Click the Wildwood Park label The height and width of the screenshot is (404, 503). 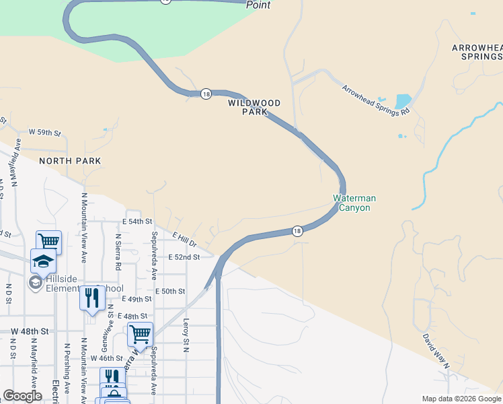254,108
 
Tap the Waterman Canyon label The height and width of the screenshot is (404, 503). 354,203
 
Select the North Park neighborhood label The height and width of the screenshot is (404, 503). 70,161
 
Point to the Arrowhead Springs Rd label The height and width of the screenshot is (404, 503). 376,100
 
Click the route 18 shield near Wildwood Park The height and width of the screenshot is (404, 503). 206,94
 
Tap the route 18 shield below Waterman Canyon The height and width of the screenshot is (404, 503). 297,231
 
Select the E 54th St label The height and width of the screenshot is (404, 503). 137,222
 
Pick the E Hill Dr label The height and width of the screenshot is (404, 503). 184,238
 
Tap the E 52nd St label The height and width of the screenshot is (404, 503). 184,257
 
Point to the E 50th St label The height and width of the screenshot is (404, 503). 169,291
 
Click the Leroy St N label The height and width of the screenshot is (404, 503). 186,335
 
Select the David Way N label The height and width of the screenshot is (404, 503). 436,349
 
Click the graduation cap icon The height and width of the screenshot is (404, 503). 43,260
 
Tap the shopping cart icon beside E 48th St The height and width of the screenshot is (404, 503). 140,333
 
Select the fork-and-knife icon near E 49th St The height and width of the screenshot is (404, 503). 92,297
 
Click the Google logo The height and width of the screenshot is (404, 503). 22,396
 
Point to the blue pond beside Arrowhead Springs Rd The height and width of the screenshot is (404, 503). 403,101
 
